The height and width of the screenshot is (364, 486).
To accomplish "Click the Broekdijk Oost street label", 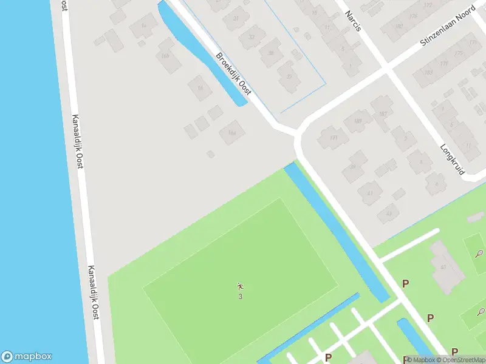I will click(233, 73).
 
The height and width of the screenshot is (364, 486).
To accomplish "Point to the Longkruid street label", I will click(453, 159).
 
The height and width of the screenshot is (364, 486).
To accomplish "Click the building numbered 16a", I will click(231, 132).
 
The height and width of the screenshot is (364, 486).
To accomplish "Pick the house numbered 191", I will click(333, 138).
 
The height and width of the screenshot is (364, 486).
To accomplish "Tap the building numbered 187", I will click(383, 114).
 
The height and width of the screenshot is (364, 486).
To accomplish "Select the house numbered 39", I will click(352, 167).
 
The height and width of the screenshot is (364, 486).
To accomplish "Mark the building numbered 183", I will click(429, 73).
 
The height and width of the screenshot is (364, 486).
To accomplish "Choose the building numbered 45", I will click(443, 268).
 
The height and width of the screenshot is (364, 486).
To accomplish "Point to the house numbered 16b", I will click(164, 57).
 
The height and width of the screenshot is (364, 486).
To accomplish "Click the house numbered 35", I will click(288, 76).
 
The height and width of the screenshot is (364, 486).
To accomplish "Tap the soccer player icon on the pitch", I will click(240, 286).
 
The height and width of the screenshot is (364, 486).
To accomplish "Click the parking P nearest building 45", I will click(406, 283).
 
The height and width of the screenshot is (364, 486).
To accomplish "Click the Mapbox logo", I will click(27, 357).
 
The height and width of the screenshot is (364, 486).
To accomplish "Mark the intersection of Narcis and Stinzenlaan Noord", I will click(386, 70).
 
